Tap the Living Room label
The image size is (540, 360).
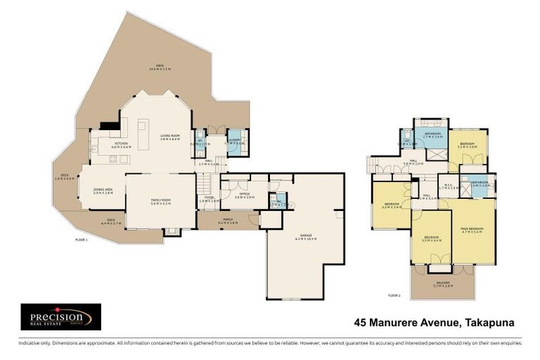(x=170, y=137)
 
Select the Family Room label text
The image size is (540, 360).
(x=161, y=202)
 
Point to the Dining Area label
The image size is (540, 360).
(x=103, y=190)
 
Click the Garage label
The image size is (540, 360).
(x=305, y=238)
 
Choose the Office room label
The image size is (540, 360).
(x=245, y=195)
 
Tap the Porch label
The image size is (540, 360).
(x=228, y=221)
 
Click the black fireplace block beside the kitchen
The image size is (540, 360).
(x=108, y=127)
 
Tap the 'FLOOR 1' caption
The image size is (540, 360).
(x=81, y=240)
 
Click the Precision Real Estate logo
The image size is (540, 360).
(x=60, y=316)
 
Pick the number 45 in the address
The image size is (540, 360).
(x=360, y=323)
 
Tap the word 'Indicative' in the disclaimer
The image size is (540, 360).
(x=30, y=343)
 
